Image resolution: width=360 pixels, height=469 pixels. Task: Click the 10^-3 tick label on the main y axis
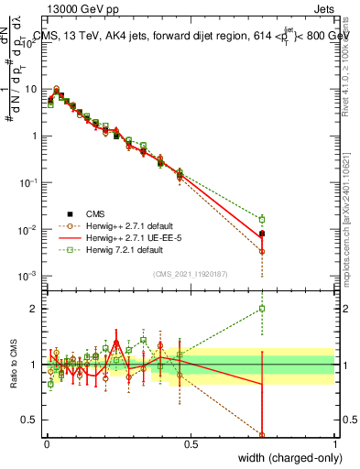click(x=28, y=276)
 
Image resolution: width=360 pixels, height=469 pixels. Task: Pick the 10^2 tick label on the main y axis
click(x=28, y=42)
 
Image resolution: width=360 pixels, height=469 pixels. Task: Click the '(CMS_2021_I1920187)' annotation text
click(x=190, y=273)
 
